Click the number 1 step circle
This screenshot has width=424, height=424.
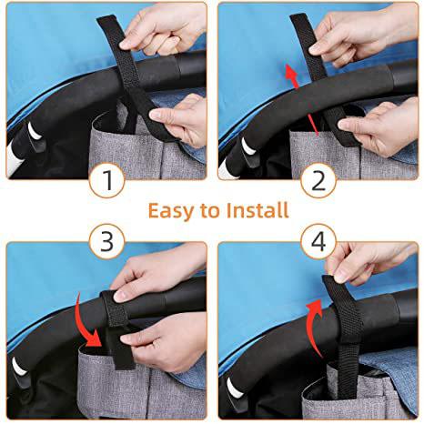(x=107, y=180)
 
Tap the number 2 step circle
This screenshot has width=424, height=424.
(x=318, y=180)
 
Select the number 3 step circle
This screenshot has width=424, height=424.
(x=107, y=241)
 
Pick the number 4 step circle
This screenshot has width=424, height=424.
(x=318, y=241)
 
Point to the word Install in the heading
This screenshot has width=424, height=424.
(x=257, y=210)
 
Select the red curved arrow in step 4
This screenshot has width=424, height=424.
(x=312, y=326)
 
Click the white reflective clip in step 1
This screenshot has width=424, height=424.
(x=34, y=131)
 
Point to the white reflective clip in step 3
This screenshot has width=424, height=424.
(x=19, y=367)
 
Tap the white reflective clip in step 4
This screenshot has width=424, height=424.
(x=235, y=388)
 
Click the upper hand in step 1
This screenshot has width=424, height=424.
(x=161, y=29)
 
